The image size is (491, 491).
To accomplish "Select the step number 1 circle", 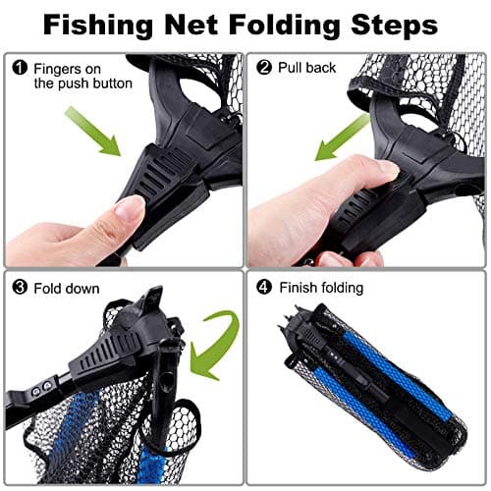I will click(19, 69).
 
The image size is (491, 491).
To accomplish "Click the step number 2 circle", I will click(263, 69).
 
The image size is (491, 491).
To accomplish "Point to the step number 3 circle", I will click(19, 289).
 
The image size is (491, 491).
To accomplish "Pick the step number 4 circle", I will click(263, 289).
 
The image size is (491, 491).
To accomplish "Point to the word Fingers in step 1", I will click(60, 69).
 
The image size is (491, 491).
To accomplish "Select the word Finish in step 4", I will click(300, 289).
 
